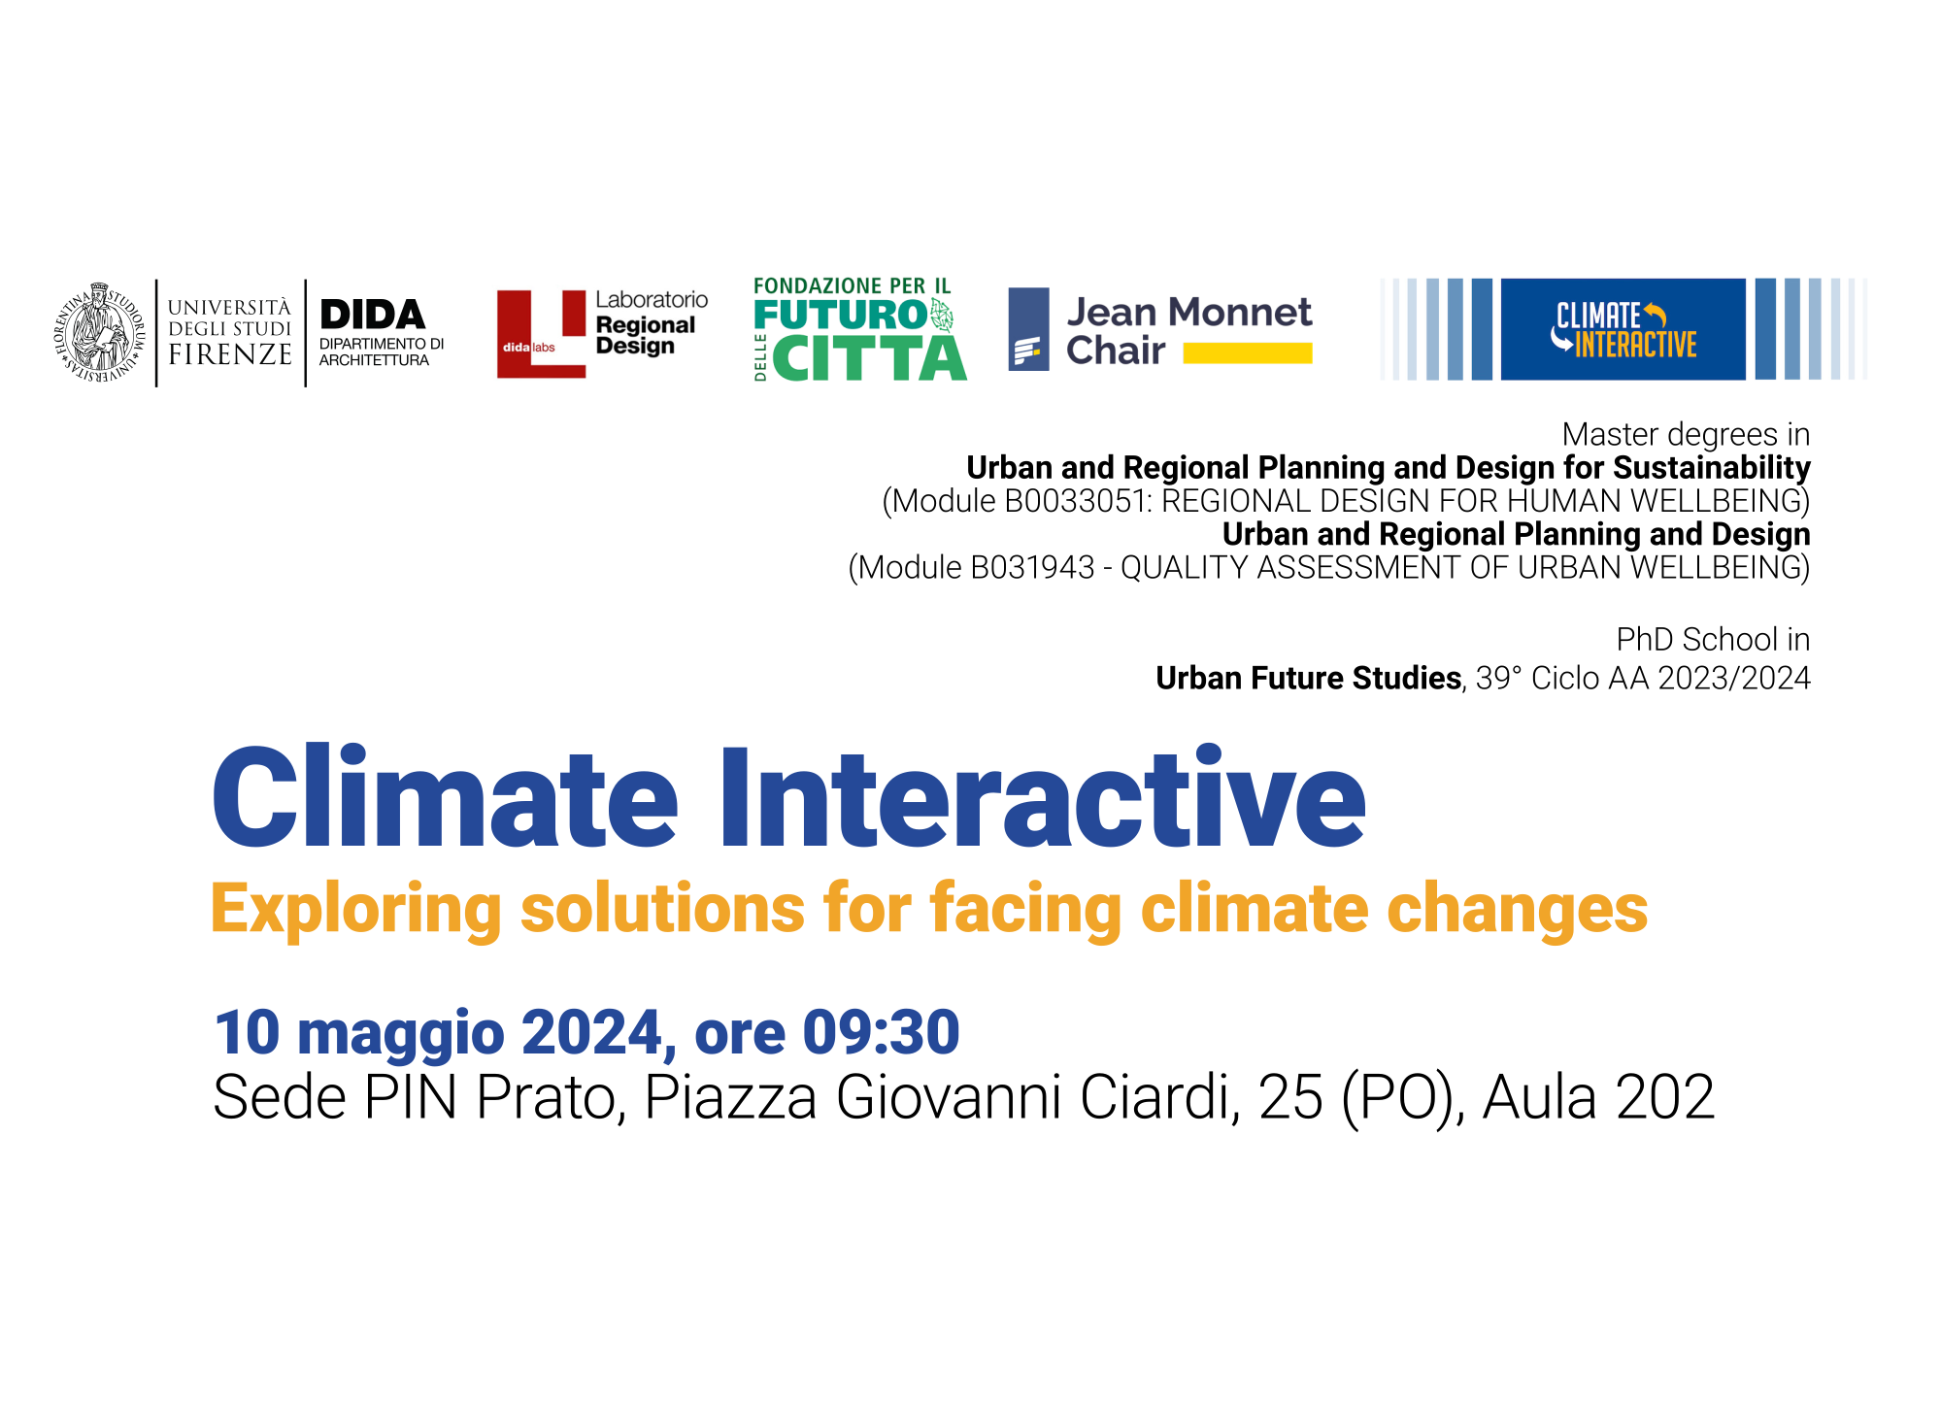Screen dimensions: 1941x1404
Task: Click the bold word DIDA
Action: pos(373,315)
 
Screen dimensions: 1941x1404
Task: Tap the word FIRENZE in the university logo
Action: pos(230,354)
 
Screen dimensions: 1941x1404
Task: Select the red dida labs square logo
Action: pos(542,334)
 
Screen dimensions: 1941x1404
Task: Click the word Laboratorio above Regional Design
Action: pos(652,300)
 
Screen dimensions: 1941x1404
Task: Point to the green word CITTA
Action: pos(870,358)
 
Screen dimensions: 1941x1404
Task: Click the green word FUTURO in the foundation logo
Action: pos(841,315)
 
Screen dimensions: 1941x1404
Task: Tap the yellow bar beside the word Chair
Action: pos(1248,353)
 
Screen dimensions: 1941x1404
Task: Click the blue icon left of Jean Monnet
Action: pos(1029,329)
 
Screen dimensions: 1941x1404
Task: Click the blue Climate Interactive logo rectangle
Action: pos(1623,329)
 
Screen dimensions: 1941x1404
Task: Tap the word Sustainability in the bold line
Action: pos(1712,468)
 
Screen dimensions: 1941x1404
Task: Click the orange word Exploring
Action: pos(355,910)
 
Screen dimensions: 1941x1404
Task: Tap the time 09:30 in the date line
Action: pos(882,1032)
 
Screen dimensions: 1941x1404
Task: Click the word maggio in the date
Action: pos(401,1035)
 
